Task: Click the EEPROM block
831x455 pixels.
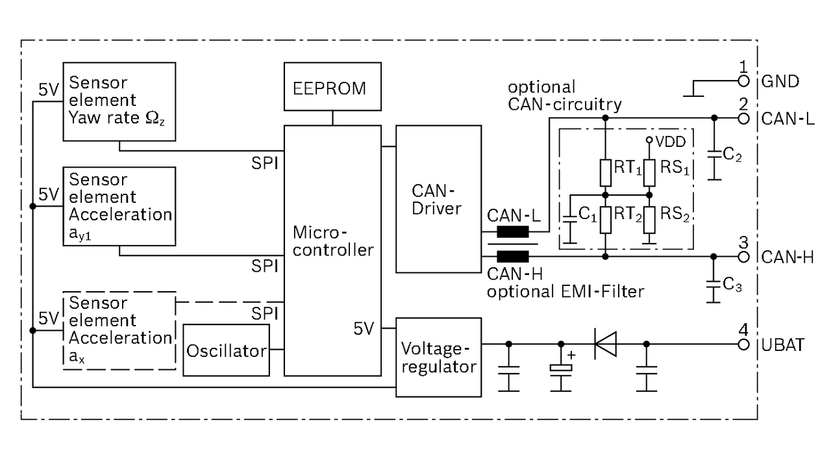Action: click(x=333, y=88)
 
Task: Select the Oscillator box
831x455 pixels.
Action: click(x=227, y=350)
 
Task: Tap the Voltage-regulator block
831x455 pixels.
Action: click(x=439, y=357)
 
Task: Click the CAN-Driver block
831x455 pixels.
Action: click(x=439, y=200)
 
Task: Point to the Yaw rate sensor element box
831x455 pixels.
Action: click(x=119, y=101)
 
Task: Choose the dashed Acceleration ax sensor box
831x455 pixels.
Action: click(x=119, y=331)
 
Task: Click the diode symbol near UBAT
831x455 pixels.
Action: click(x=605, y=344)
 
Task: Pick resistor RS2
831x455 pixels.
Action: click(x=648, y=220)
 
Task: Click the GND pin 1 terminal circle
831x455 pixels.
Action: click(x=744, y=81)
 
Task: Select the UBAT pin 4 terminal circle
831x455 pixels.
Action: click(x=744, y=344)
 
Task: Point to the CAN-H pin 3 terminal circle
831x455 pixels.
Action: click(x=744, y=257)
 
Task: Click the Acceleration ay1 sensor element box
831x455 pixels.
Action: click(x=119, y=206)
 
